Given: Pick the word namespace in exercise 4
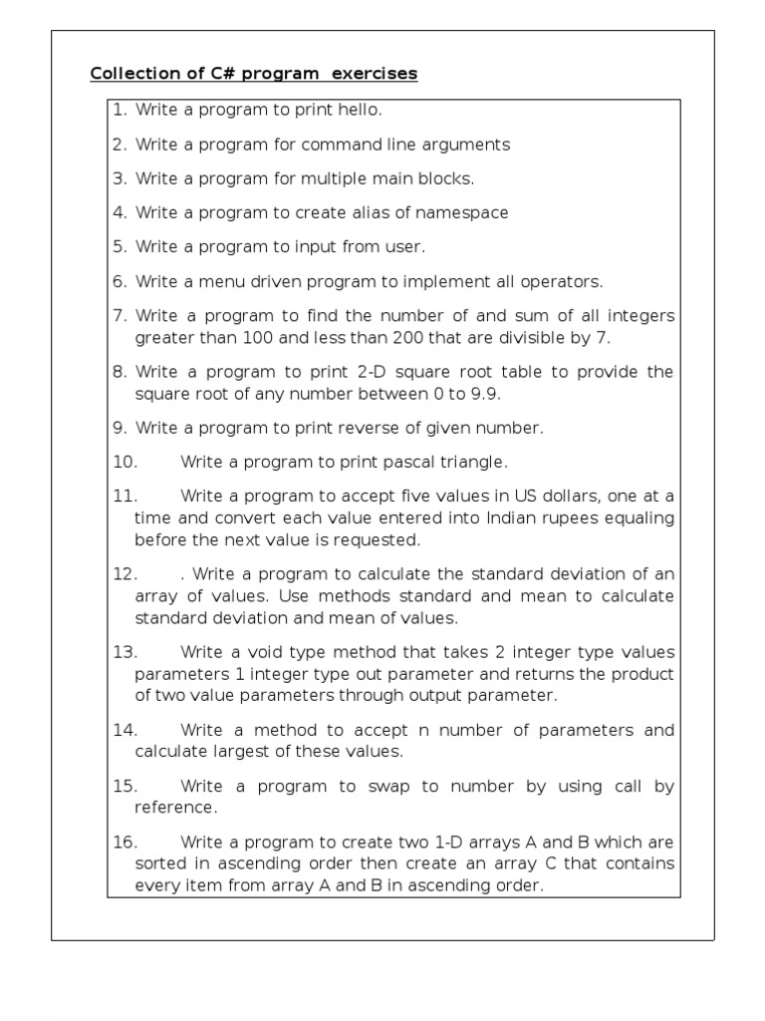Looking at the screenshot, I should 461,212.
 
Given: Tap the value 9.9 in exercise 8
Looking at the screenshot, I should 482,394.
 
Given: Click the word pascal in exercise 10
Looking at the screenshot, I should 390,462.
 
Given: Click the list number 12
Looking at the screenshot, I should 124,573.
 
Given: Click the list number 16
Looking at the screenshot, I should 124,842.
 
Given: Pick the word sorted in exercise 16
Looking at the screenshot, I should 158,863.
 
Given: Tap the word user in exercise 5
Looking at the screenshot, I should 406,246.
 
